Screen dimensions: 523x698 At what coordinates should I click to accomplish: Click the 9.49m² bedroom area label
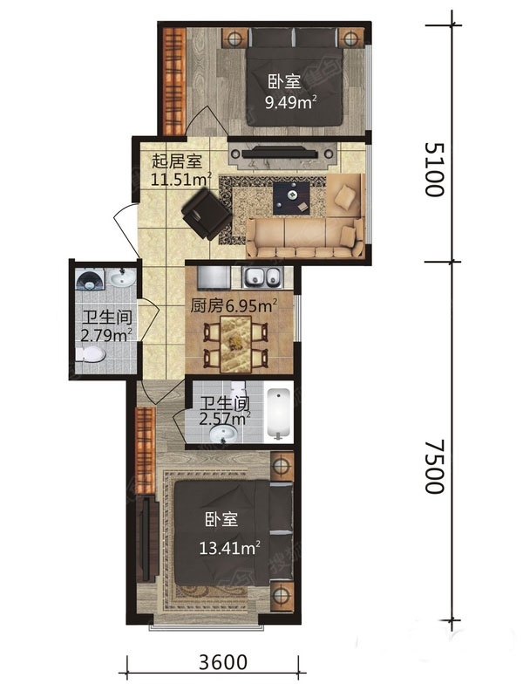291,102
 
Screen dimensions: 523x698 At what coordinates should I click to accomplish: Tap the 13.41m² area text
229,548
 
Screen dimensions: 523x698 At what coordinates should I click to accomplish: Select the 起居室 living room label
177,161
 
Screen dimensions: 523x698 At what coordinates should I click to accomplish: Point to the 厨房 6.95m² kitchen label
234,306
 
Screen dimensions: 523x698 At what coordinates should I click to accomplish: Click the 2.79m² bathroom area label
106,335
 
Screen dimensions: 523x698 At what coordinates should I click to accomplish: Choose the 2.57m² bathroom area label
225,419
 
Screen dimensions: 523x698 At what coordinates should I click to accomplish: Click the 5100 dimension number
434,169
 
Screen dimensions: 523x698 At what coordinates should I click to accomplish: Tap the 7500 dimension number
434,467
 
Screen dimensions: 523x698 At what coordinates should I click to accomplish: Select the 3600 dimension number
223,662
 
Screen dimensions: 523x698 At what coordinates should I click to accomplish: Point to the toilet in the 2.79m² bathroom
91,355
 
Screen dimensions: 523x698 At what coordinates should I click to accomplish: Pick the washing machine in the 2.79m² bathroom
90,279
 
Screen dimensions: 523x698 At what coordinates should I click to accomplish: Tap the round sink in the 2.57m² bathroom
224,433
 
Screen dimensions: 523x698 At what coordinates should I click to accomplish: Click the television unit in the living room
280,154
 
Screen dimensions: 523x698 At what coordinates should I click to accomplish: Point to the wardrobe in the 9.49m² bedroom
173,80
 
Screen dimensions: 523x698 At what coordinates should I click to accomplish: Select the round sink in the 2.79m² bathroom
121,279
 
